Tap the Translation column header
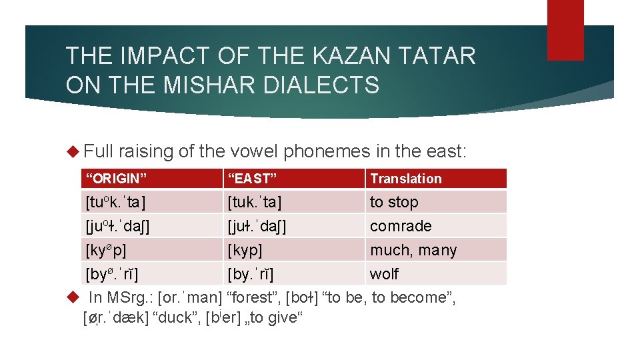(x=406, y=179)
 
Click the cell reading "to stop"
(x=394, y=202)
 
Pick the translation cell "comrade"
(x=401, y=226)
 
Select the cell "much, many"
(x=413, y=250)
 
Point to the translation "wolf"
(x=384, y=274)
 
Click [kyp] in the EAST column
(x=245, y=250)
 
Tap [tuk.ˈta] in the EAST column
(x=254, y=202)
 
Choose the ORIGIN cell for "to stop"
(x=115, y=202)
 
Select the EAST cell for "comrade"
(x=255, y=226)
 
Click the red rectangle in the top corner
(x=565, y=29)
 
